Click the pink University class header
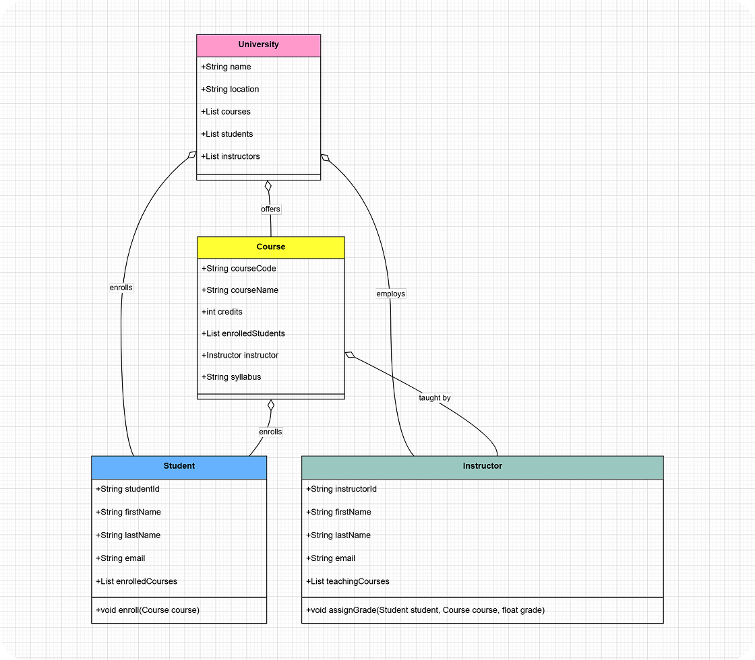(258, 45)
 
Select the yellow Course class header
(270, 247)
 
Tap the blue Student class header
(179, 466)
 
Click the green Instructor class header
(482, 466)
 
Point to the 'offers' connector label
(270, 209)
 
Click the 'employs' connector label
(391, 294)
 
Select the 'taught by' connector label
(434, 398)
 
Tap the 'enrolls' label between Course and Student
(270, 432)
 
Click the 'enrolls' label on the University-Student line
(121, 288)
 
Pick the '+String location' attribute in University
(230, 89)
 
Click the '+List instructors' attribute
(231, 156)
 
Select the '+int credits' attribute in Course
(222, 312)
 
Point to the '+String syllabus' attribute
(231, 377)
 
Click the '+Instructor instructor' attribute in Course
(240, 355)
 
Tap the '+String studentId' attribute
(127, 489)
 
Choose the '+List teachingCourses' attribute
(347, 581)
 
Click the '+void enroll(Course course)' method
(148, 610)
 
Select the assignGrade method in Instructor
(425, 610)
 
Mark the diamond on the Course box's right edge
(350, 354)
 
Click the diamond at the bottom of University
(268, 186)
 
